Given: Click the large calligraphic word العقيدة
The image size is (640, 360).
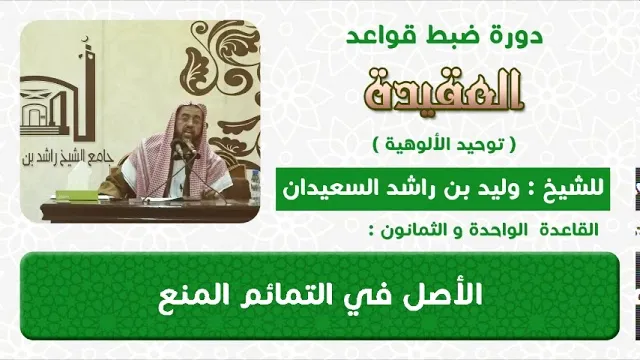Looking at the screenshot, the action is pyautogui.click(x=443, y=90).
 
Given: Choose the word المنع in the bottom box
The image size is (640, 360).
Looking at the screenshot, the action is pyautogui.click(x=189, y=295).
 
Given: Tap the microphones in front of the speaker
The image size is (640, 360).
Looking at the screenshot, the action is pyautogui.click(x=184, y=148).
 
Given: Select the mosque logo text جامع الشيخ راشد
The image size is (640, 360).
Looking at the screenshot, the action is pyautogui.click(x=67, y=157).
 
